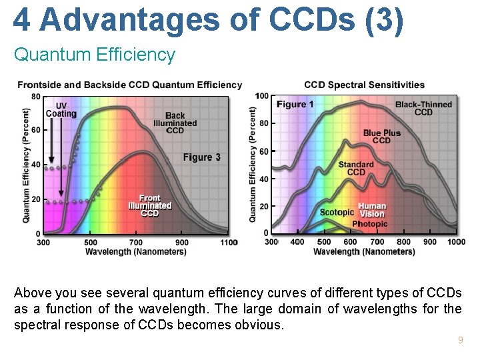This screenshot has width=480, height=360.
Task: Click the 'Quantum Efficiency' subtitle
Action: tap(94, 55)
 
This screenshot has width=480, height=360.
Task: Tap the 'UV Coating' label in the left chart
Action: tap(61, 109)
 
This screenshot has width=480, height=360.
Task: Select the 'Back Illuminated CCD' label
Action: tap(175, 123)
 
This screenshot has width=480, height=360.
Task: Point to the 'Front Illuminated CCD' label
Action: tap(150, 205)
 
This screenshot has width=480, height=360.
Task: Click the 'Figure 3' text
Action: tap(202, 157)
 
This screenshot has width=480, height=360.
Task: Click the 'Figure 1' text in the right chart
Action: tap(295, 105)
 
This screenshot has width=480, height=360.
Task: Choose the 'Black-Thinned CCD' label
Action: tap(423, 108)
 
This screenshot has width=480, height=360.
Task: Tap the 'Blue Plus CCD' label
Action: tap(382, 137)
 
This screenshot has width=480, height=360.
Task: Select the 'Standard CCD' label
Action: tap(356, 168)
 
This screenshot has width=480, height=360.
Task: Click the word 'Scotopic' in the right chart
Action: tap(337, 213)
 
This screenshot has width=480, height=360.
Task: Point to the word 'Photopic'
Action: tap(369, 224)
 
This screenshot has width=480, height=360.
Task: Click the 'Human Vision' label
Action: tap(372, 210)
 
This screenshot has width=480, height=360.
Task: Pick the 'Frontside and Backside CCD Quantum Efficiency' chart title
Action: tap(129, 85)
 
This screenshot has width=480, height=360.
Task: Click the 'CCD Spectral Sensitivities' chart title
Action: tap(364, 85)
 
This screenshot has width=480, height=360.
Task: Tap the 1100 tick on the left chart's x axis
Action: tap(229, 243)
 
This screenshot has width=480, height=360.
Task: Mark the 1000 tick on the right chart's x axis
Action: tap(457, 242)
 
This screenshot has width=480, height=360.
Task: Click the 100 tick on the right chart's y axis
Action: tap(261, 96)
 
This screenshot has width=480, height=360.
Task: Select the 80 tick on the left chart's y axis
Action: tap(35, 96)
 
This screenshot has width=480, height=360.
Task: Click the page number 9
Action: tap(460, 341)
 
